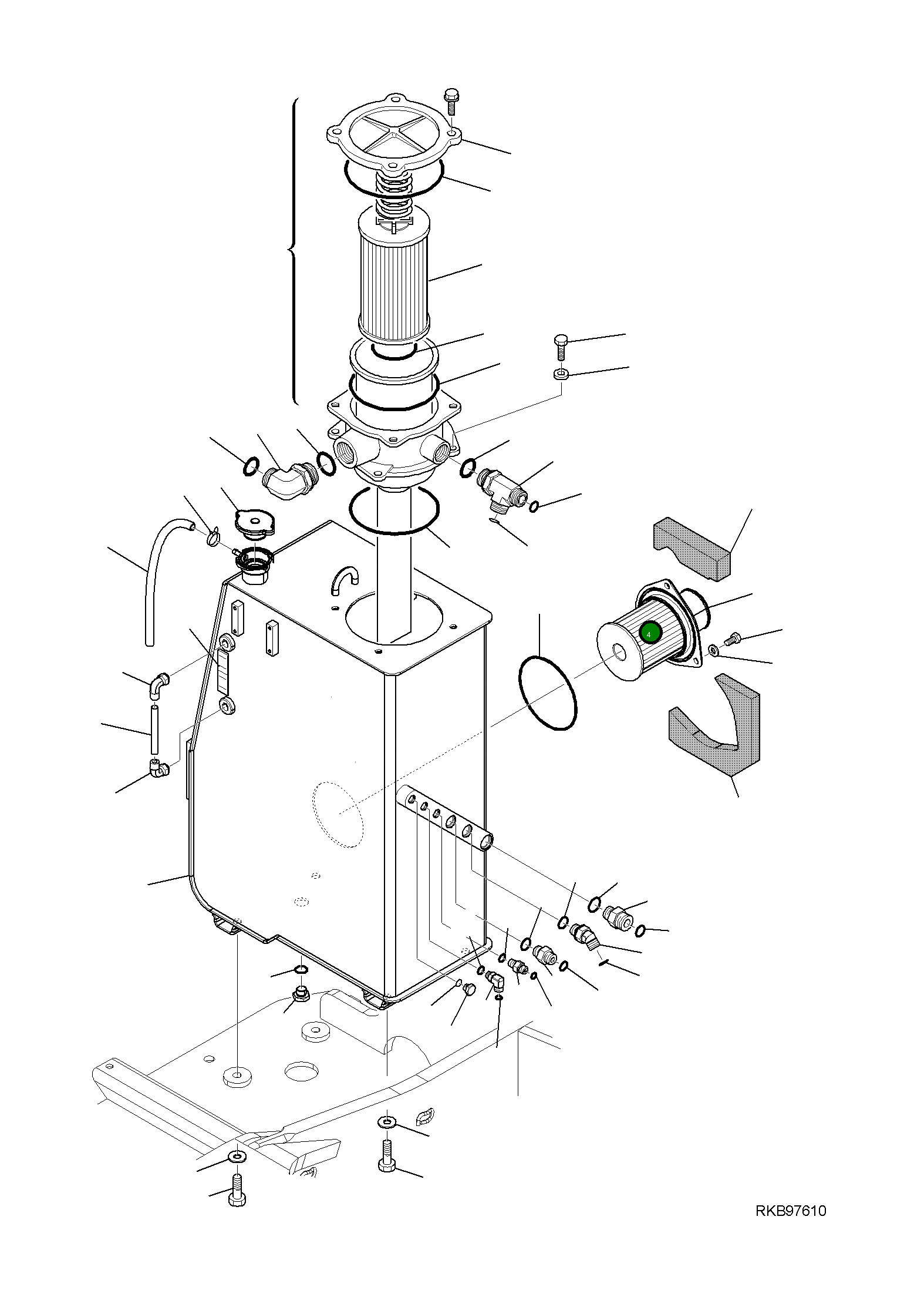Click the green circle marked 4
(650, 633)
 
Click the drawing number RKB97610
(790, 1211)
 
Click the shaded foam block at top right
(693, 547)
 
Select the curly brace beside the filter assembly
(293, 251)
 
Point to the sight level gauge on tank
(223, 671)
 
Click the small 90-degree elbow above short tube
(158, 685)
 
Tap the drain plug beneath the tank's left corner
(301, 994)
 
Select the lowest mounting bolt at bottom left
(237, 1189)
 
